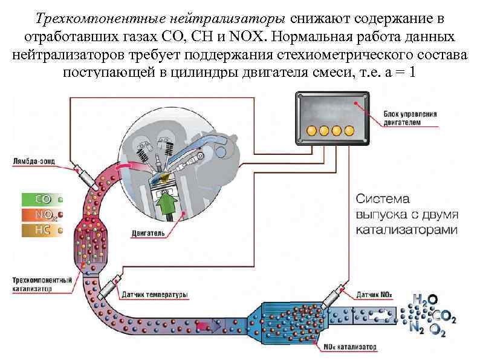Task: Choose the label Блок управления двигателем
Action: point(410,117)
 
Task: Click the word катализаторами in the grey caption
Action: point(406,230)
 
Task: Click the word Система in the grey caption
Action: point(382,198)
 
